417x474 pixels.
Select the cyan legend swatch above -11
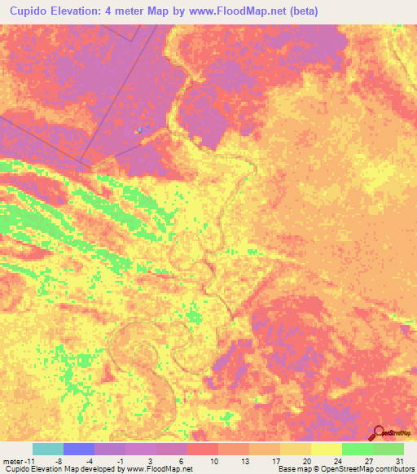click(47, 449)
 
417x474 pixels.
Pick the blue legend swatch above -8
click(79, 449)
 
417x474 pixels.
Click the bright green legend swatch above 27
click(357, 449)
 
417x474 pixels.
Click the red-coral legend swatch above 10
click(203, 449)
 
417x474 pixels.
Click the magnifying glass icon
click(378, 432)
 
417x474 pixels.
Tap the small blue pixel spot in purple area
click(140, 129)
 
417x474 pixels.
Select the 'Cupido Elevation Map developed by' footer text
click(57, 469)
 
